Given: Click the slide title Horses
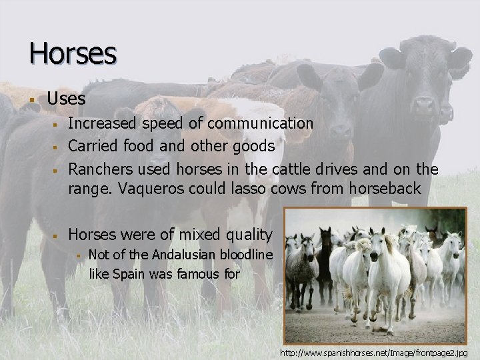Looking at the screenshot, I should click(x=73, y=53).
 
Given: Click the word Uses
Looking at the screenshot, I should click(x=66, y=99).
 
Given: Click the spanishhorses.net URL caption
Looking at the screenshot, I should click(x=374, y=351).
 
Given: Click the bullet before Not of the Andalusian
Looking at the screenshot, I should click(x=78, y=255).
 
